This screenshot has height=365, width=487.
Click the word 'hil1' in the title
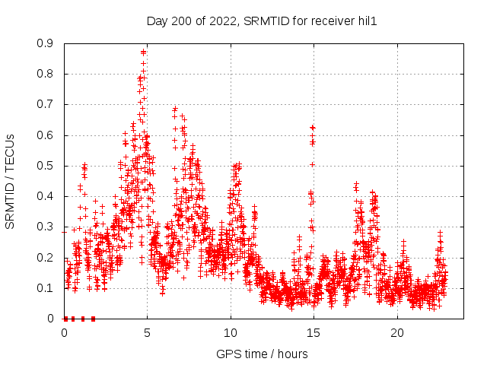click(368, 21)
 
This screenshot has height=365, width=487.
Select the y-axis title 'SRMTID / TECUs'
click(10, 181)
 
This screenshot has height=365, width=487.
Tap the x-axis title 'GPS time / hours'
click(262, 354)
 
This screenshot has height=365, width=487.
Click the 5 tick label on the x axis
click(148, 333)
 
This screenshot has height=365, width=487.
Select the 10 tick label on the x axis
click(231, 333)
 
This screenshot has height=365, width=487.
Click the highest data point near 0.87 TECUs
click(143, 52)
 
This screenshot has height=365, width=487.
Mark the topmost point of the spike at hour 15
click(312, 127)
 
